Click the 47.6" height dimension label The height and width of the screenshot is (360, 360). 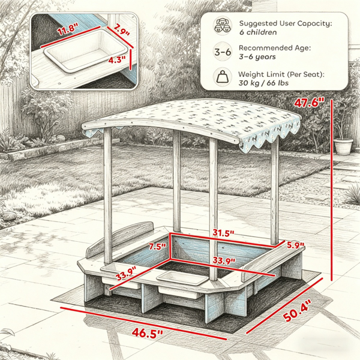309,103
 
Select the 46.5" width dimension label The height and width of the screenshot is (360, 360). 147,332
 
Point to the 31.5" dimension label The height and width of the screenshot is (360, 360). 223,233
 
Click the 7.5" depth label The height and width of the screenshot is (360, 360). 157,247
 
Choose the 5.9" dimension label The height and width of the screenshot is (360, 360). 295,245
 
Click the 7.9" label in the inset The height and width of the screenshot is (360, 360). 121,29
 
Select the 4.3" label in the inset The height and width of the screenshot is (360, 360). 117,60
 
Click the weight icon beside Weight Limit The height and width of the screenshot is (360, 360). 222,77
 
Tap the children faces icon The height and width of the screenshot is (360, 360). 222,26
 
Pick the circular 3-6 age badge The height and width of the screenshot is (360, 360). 222,52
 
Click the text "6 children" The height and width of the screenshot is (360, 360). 258,32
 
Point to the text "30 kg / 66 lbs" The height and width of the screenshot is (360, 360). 263,83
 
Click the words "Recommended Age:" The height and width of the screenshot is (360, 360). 275,48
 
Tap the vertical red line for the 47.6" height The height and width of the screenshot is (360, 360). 331,190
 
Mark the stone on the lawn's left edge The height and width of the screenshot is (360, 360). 9,216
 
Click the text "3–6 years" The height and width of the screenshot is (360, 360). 257,57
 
